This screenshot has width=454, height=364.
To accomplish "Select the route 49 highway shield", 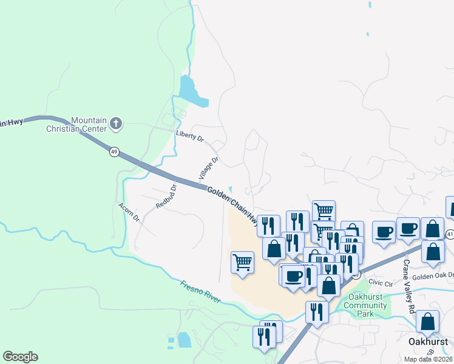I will [114, 151].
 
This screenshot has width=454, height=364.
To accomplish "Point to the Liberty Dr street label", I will [189, 135].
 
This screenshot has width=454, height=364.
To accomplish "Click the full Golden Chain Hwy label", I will [234, 206].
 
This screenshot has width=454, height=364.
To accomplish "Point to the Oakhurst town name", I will [427, 341].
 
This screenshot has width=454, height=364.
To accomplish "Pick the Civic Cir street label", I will [381, 282].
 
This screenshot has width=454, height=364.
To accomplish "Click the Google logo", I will [20, 357].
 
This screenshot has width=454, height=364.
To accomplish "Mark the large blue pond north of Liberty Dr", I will [194, 92].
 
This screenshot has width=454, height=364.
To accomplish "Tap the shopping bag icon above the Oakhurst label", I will [428, 322].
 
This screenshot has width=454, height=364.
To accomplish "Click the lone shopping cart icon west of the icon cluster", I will [242, 262].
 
